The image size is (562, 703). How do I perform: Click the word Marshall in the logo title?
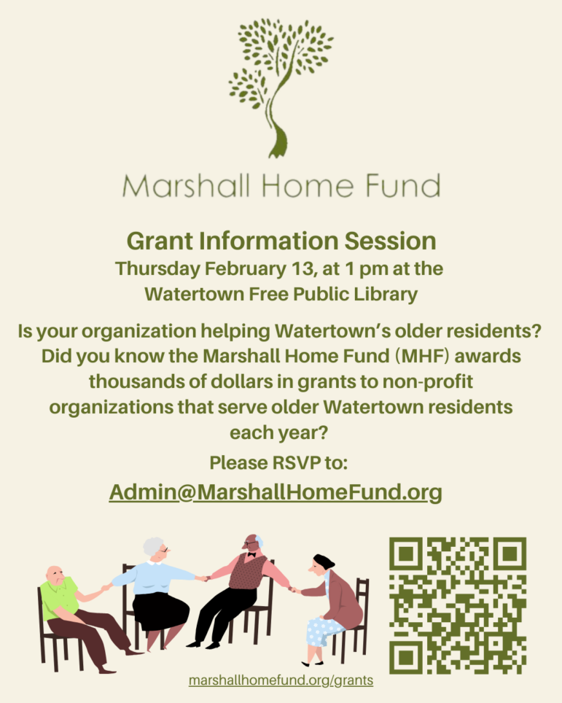186,186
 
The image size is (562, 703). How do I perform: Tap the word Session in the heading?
391,241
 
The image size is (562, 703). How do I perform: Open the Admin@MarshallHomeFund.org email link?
276,492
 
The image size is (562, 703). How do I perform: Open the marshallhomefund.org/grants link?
281,680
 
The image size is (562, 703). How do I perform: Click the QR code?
458,605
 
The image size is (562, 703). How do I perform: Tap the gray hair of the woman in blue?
152,547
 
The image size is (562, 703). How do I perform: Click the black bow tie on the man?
251,555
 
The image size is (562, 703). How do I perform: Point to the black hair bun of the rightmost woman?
324,560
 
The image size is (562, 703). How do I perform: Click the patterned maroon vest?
247,571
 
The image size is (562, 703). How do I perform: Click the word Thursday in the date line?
157,269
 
